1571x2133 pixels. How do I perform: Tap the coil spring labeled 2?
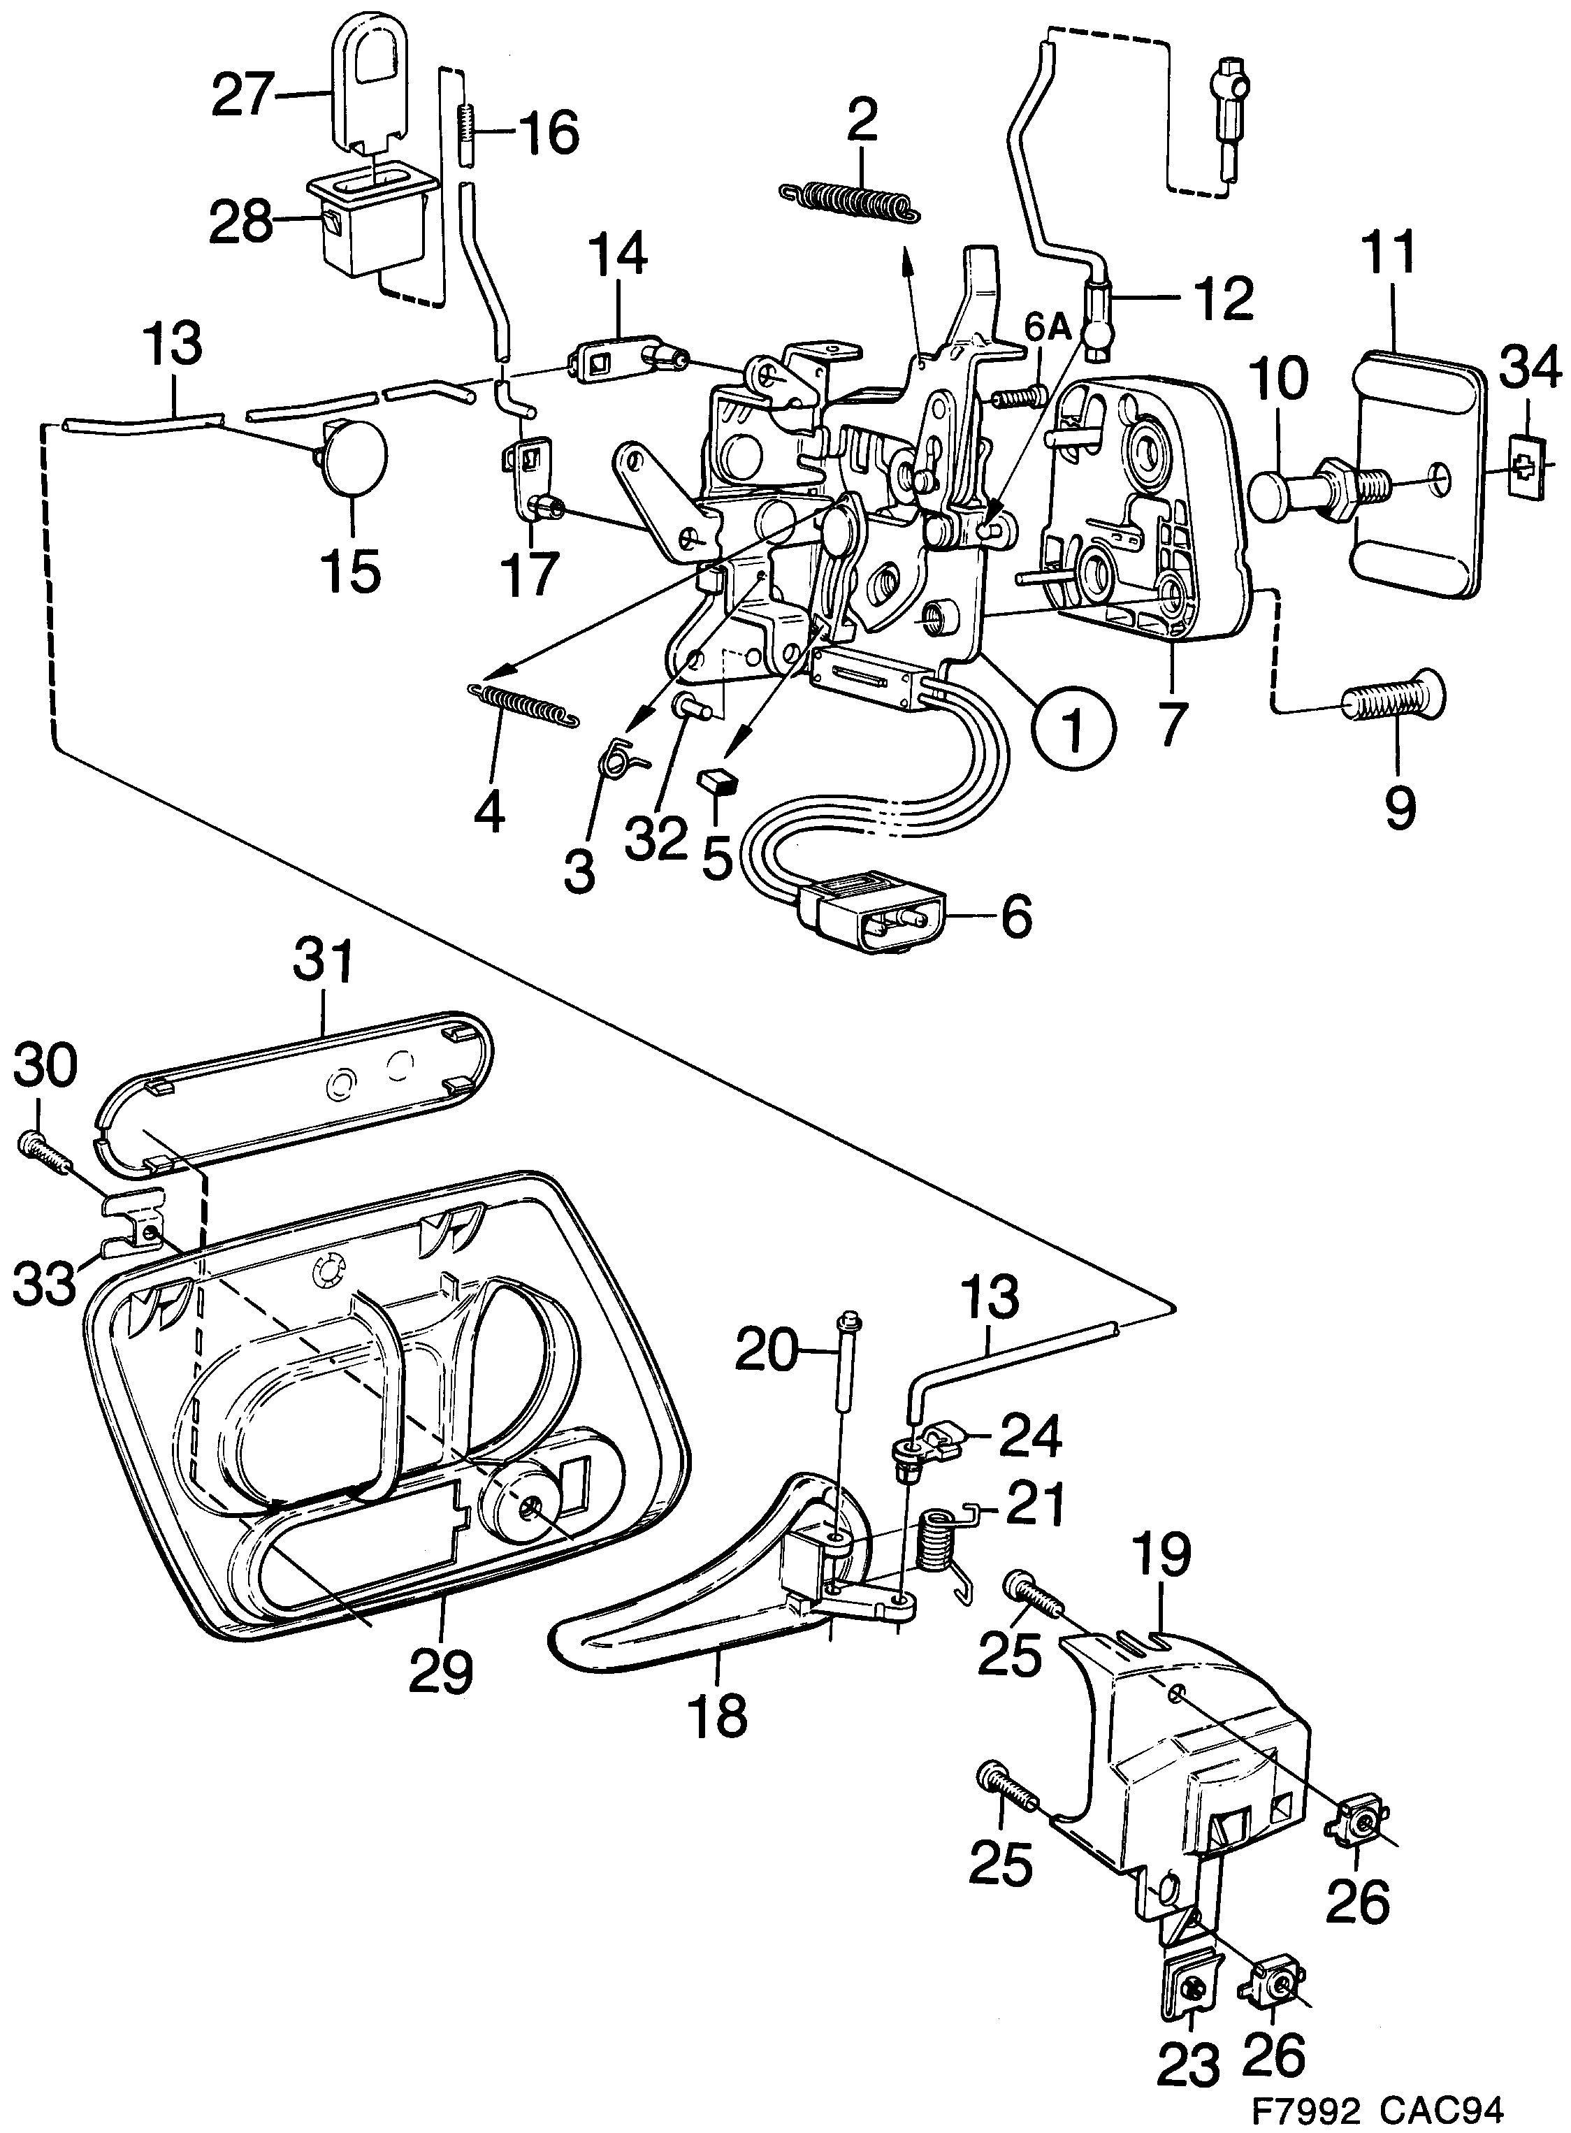coord(850,203)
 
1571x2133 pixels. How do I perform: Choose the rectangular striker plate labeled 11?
coord(1415,472)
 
